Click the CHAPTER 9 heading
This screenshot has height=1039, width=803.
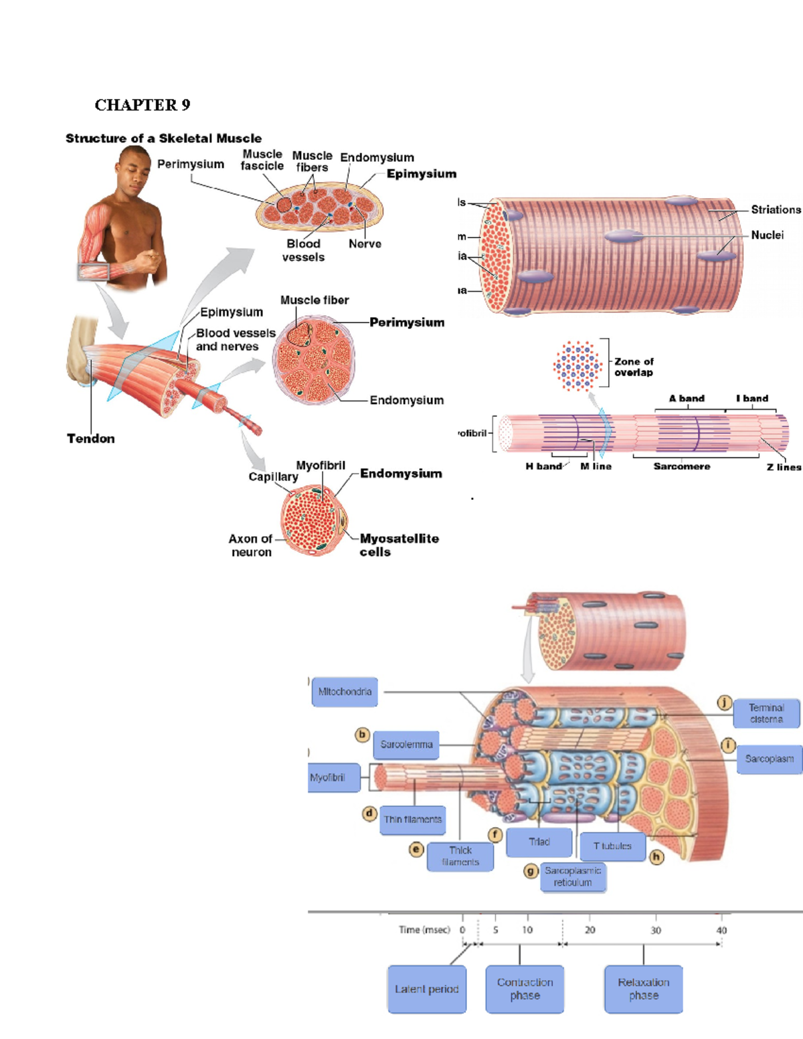pos(142,105)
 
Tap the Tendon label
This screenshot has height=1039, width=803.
pos(90,439)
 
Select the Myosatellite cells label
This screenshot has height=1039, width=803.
pos(399,545)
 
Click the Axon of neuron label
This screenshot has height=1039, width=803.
pos(250,545)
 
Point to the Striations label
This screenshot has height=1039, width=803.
pos(775,209)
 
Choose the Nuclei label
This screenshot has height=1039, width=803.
pos(767,235)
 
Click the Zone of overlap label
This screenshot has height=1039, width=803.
pos(634,367)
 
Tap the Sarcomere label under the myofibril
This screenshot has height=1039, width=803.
pos(681,466)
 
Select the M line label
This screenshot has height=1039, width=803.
pos(596,466)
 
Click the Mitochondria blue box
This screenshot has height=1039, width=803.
pos(345,692)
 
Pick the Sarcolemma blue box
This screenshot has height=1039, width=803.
pos(406,745)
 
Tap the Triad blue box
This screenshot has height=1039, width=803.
pos(539,842)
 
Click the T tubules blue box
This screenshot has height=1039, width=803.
pos(612,846)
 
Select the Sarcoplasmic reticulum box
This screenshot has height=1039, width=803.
pos(573,876)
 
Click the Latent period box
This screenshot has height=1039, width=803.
pos(426,989)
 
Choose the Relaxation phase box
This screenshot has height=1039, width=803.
pos(643,989)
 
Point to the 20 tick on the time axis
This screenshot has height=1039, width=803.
pos(590,930)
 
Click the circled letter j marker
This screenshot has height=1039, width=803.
pos(724,702)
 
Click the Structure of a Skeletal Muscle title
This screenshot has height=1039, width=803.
pos(163,138)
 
